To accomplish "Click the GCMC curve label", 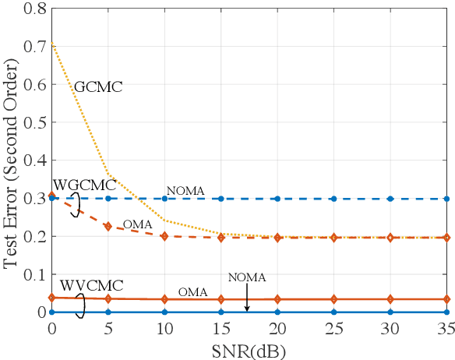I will [x=99, y=86].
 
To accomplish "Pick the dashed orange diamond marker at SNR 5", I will [x=108, y=227].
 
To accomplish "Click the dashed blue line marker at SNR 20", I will [x=277, y=199].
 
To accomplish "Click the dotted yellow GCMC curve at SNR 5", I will [x=108, y=175].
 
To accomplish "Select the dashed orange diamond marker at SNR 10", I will [x=164, y=236].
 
